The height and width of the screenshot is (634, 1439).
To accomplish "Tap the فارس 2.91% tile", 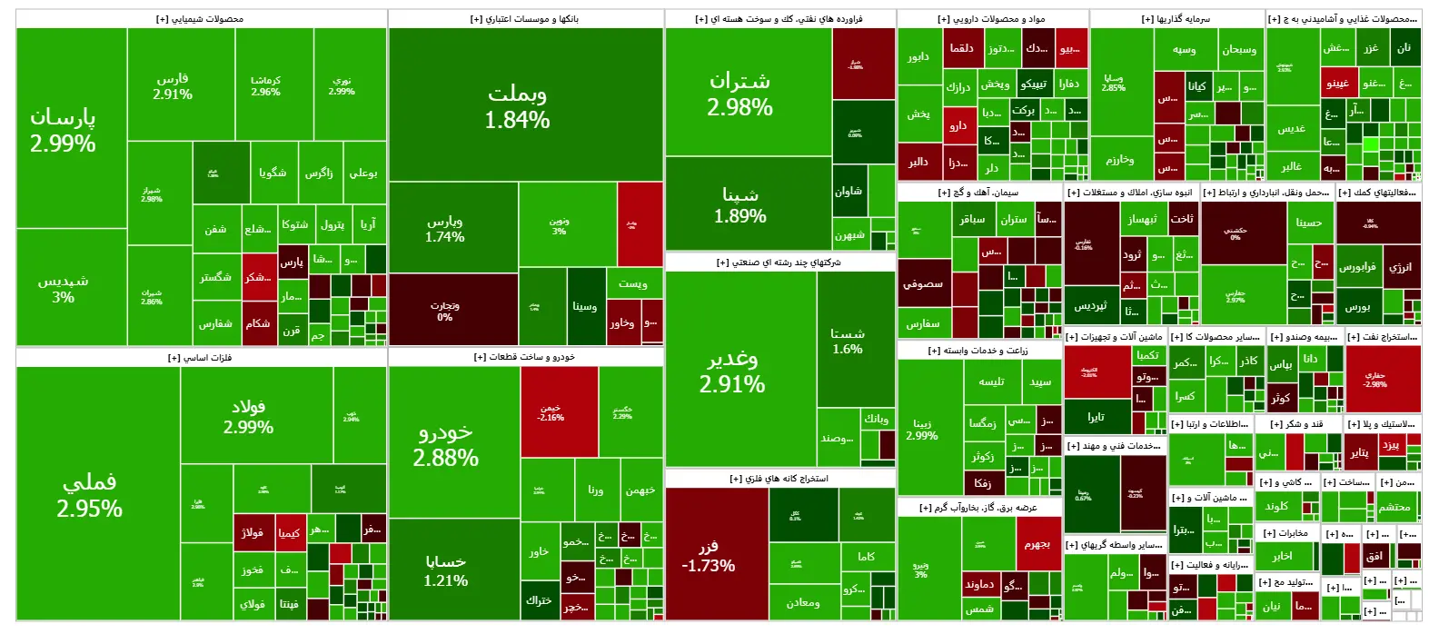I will (x=173, y=85).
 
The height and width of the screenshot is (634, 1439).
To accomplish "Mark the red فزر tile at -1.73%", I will (x=716, y=554).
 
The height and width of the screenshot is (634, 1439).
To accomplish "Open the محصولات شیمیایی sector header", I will (x=200, y=18).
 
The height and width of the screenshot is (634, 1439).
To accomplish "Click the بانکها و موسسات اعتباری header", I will (x=524, y=18).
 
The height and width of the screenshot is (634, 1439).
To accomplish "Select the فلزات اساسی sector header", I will (x=200, y=357).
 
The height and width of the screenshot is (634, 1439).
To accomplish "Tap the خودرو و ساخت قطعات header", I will (x=524, y=357).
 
